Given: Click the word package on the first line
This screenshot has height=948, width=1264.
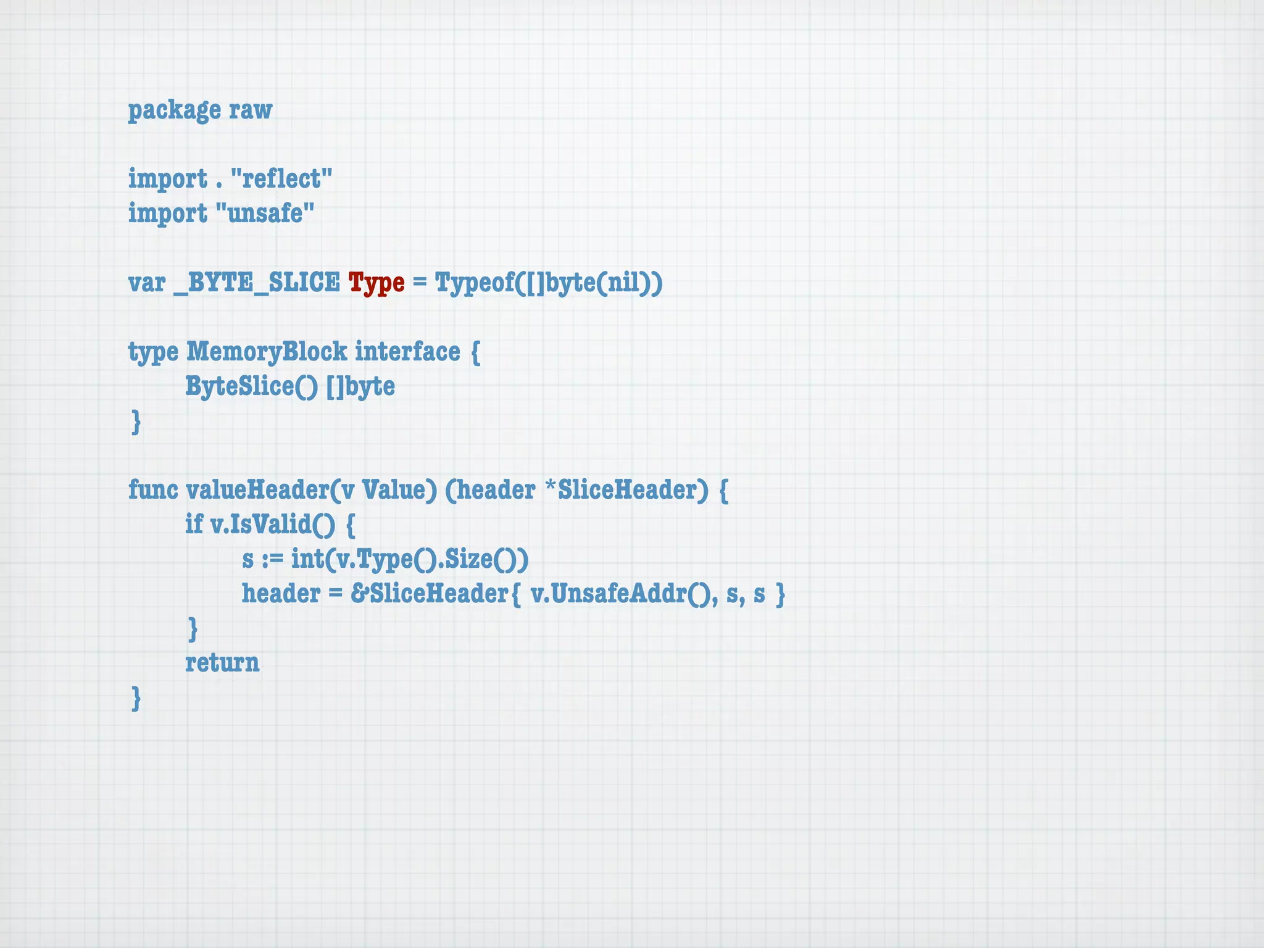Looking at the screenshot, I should tap(174, 110).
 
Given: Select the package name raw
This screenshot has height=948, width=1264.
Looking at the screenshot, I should tap(251, 110).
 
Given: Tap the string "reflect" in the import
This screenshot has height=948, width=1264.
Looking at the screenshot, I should tap(281, 179).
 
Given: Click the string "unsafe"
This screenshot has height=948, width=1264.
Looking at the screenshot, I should tap(265, 214).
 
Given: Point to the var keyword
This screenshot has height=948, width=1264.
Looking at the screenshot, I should tap(147, 283).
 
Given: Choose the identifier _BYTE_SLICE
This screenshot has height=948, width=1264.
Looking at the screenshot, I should tap(257, 283).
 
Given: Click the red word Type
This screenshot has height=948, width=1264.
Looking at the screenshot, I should tap(376, 283).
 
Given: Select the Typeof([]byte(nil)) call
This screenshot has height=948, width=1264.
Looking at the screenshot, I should tap(549, 283).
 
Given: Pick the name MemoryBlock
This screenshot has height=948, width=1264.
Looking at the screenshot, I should tap(267, 352).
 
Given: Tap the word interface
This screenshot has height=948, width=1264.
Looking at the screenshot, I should tap(407, 352).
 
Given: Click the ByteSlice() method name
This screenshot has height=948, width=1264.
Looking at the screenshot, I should tap(251, 386).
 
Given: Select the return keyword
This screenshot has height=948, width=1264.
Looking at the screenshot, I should tap(222, 663).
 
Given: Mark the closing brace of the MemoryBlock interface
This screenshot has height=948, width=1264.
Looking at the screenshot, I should tap(136, 422).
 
